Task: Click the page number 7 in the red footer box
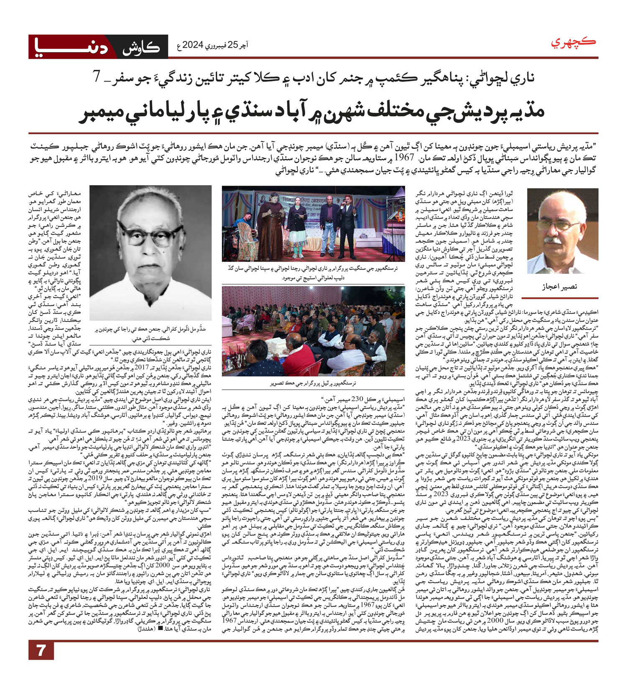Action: tap(41, 662)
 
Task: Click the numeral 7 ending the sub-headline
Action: tap(97, 78)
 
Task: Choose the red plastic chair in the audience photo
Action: tap(311, 368)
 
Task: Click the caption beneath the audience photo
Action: tap(313, 383)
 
